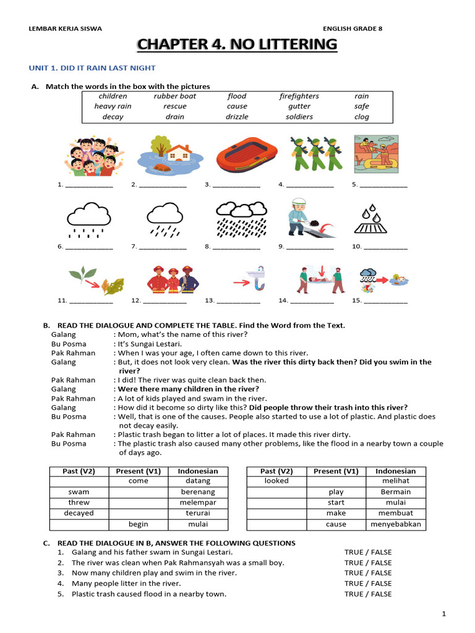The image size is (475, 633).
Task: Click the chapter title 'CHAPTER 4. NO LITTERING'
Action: point(237,45)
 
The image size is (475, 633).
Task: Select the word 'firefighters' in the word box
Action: point(299,96)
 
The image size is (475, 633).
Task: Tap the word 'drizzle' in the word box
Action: point(237,116)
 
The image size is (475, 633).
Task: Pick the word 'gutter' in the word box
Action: point(299,106)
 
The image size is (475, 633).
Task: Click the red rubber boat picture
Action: point(239,155)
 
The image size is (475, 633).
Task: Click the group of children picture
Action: point(93,156)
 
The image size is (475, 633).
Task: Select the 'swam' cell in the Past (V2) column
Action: point(79,492)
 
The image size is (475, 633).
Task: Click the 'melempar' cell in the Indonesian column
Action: point(199,503)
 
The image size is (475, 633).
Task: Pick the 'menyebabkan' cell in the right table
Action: point(395,524)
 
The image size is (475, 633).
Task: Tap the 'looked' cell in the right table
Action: point(276,481)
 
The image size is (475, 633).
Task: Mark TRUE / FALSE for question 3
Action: point(368,573)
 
